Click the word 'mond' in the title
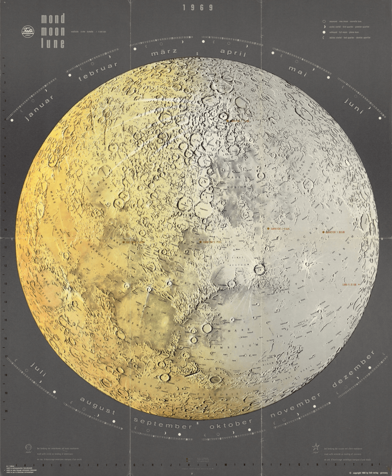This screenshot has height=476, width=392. point(53,19)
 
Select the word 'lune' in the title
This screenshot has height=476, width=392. point(53,43)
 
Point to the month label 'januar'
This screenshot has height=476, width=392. point(39,108)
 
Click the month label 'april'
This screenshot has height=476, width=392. point(233,52)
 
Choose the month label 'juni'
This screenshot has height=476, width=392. point(354,106)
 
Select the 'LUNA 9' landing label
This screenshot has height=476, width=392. point(349,285)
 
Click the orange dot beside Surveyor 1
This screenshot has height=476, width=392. point(323,232)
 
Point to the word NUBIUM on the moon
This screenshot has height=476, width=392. point(247,187)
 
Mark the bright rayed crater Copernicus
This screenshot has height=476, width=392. point(258,269)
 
